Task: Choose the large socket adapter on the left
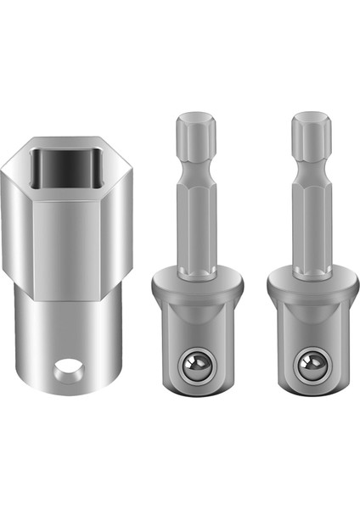(x=70, y=263)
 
